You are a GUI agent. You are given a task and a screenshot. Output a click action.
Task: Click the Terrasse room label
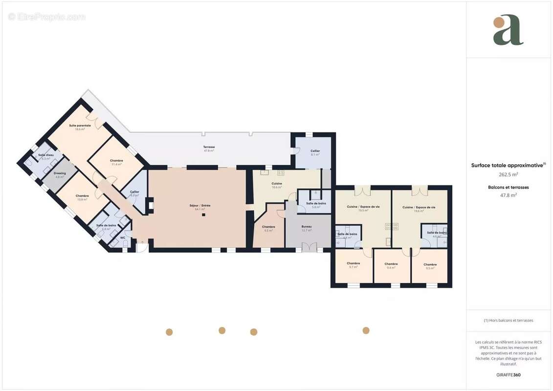coord(209,147)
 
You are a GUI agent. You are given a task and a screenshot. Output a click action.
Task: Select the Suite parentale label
coord(80,126)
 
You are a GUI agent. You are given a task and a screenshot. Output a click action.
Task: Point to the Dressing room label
coord(60,173)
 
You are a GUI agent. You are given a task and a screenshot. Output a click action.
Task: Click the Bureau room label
coord(307,227)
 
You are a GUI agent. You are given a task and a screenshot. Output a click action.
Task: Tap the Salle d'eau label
coord(46,155)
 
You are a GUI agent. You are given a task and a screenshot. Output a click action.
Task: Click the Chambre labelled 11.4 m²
coord(116,161)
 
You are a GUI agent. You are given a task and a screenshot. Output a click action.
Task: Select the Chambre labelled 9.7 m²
coord(354,263)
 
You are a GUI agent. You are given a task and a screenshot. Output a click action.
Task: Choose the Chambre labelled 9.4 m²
coord(391,264)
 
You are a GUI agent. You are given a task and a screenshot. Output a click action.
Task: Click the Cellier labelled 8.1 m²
coord(315,151)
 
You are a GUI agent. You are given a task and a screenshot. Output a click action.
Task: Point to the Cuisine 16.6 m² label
coord(277,184)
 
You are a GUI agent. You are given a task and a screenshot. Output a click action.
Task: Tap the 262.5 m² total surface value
coord(508,174)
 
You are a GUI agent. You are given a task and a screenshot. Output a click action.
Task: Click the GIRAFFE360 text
coord(508,375)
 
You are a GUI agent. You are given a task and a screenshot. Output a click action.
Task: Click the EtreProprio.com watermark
coord(47,17)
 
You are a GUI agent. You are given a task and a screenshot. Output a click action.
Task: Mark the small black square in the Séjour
coord(204,215)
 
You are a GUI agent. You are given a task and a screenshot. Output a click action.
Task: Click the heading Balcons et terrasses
coord(508,187)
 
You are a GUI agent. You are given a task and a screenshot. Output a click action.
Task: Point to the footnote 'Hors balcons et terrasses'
coord(508,321)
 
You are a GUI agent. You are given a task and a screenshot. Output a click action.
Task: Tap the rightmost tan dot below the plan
coord(366,330)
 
